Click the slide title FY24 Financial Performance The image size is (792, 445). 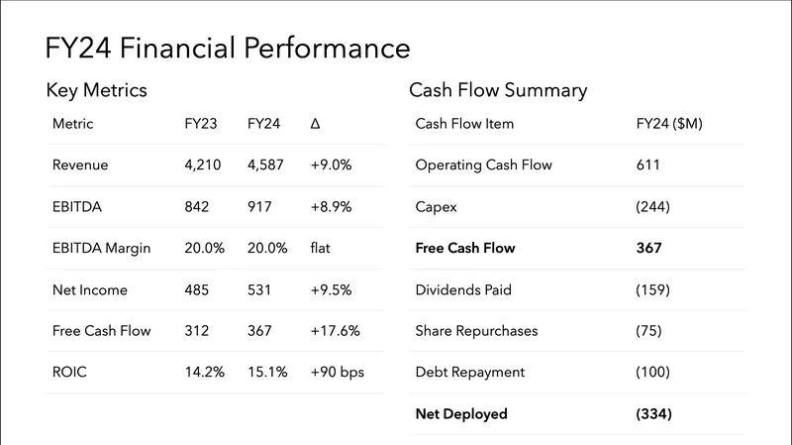[x=228, y=48]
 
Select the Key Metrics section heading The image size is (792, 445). [x=96, y=90]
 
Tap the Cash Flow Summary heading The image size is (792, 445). [x=498, y=90]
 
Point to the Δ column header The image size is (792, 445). [x=316, y=124]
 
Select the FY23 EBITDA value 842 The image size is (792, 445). [x=198, y=206]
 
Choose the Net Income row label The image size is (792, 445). [x=90, y=289]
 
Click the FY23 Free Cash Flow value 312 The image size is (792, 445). [x=198, y=330]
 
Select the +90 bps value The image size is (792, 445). [x=336, y=372]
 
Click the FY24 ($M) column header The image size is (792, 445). [x=669, y=124]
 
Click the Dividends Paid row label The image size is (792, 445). [x=463, y=289]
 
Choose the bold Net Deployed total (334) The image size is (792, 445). [x=653, y=413]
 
